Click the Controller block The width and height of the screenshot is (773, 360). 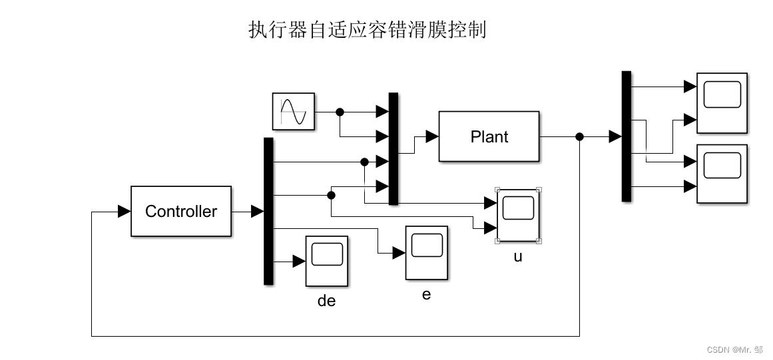pos(181,212)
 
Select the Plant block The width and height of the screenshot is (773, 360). pos(489,136)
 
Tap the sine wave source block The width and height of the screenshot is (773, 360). pos(293,111)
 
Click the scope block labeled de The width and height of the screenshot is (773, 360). pos(326,260)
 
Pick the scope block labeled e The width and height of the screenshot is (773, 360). pos(427,252)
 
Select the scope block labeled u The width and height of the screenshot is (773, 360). pos(517,214)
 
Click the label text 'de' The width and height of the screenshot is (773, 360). pos(326,301)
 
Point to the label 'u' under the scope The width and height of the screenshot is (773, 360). pos(518,256)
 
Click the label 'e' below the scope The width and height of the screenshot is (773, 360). pos(427,293)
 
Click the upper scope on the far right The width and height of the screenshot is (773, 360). pos(722,100)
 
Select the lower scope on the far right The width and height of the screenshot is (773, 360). pos(722,172)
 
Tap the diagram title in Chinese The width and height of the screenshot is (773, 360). pos(367,30)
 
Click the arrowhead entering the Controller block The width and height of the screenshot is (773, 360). pos(124,212)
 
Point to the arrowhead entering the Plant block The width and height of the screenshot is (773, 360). pos(431,136)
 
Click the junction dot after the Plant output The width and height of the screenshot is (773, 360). pos(579,136)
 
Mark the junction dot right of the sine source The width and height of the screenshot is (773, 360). pos(340,111)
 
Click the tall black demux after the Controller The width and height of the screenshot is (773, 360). pos(268,211)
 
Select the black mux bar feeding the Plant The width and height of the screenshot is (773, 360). pos(393,148)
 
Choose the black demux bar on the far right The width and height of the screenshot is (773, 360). pos(626,136)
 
